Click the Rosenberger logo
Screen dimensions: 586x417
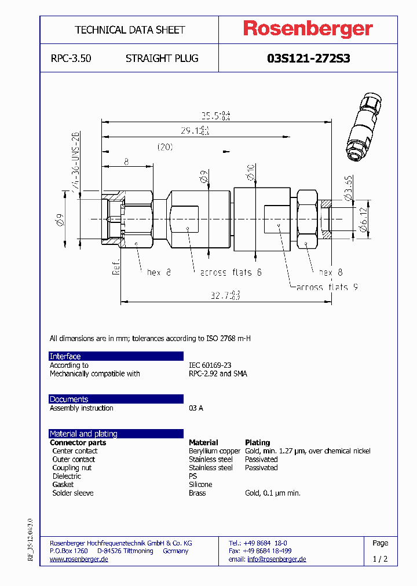(x=308, y=30)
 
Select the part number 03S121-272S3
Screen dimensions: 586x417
(x=308, y=58)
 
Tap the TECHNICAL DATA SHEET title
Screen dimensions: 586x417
(x=130, y=30)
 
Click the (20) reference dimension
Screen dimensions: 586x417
(x=165, y=147)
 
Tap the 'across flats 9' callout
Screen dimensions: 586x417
(x=322, y=287)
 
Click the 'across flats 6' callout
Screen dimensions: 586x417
(x=231, y=272)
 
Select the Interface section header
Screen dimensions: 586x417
(x=65, y=356)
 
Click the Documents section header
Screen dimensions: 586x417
(x=69, y=399)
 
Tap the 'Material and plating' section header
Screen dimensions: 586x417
(x=83, y=434)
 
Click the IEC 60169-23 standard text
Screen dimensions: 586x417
(x=210, y=365)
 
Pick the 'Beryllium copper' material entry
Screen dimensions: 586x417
(x=214, y=451)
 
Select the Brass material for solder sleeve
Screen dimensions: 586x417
(x=197, y=493)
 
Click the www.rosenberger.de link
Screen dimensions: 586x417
(x=79, y=559)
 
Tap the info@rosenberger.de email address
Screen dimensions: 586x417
(x=277, y=559)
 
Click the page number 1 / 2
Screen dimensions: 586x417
(x=380, y=559)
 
